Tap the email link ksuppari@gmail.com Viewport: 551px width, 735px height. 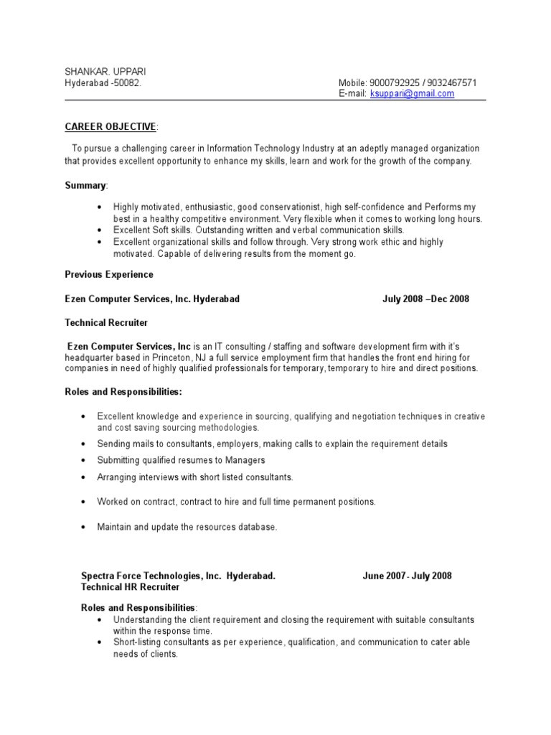point(412,94)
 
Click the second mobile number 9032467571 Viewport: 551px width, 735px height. point(451,83)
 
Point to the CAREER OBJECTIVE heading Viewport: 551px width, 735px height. point(110,127)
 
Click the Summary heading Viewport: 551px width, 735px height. point(85,186)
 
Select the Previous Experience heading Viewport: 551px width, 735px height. point(109,275)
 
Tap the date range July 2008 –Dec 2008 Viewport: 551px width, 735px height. point(425,299)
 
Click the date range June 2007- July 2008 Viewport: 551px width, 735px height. point(407,576)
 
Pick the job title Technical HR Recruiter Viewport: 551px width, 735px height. point(131,587)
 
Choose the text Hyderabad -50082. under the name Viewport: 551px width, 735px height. point(103,83)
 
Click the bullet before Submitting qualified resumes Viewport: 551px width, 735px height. point(84,460)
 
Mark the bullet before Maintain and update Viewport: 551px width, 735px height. point(84,527)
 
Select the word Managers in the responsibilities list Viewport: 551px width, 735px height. point(245,460)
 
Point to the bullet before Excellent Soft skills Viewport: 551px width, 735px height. point(99,230)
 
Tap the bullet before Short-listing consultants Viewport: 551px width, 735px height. point(99,642)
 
